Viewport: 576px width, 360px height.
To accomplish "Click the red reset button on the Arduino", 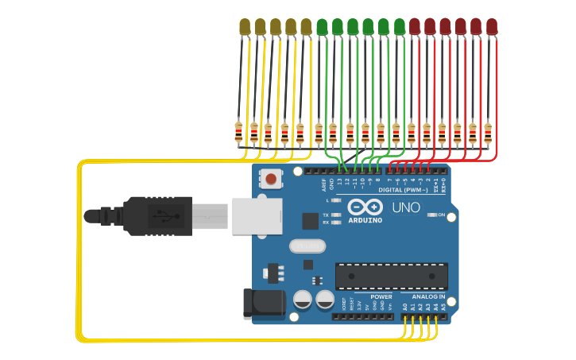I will (x=271, y=179).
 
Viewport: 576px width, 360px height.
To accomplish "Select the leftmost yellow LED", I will (x=245, y=27).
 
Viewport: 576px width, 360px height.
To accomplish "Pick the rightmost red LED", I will (x=491, y=26).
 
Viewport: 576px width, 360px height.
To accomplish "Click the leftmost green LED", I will (x=322, y=27).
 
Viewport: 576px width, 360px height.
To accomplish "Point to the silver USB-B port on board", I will (x=257, y=215).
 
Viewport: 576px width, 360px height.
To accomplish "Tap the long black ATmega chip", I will (x=391, y=276).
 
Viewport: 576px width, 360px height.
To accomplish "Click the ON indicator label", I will (x=441, y=215).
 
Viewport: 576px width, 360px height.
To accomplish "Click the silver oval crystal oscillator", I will (x=307, y=246).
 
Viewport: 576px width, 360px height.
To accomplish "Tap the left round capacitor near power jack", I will (x=303, y=300).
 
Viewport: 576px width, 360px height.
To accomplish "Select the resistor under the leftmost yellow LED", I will (x=238, y=132).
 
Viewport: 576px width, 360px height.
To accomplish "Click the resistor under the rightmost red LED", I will (x=487, y=132).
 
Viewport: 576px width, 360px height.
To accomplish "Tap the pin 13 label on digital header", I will (x=339, y=182).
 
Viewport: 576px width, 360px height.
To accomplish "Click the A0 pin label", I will (x=404, y=306).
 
